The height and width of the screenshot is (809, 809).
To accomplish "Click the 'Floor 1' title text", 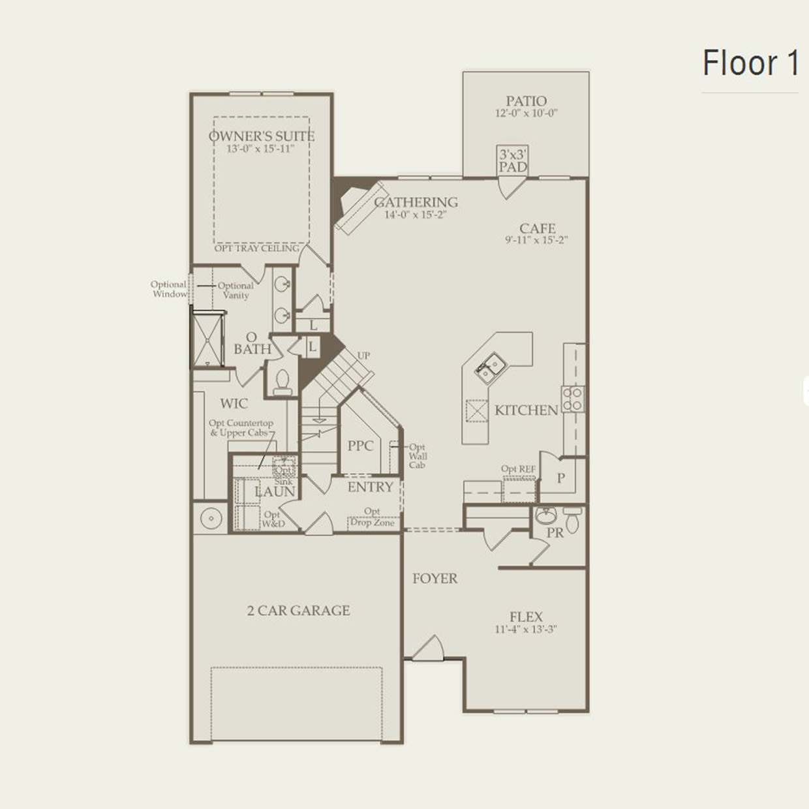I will point(750,63).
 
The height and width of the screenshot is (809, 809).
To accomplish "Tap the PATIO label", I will point(526,101).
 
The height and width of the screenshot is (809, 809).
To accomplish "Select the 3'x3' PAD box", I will point(513,160).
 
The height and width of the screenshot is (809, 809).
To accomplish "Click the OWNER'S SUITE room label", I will point(261,136).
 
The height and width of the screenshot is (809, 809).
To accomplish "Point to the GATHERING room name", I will point(416,202).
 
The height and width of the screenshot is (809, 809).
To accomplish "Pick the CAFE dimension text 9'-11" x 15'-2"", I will point(536,240).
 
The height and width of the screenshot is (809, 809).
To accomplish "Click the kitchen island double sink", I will point(489,367).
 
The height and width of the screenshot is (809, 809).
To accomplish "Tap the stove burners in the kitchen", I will point(573,399).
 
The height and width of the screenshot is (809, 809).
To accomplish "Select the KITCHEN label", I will point(526,410).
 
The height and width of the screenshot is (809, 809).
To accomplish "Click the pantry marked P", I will point(560,478).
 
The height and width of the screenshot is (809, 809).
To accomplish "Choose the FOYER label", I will point(435,579).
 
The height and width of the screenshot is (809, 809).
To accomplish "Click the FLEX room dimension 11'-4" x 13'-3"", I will point(526,630).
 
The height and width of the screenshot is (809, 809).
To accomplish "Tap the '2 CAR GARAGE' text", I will point(298,611).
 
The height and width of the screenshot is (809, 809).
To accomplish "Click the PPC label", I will point(360,446).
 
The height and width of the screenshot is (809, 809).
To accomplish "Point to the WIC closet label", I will point(234,404).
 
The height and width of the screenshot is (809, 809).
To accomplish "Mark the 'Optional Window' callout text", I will point(169,289).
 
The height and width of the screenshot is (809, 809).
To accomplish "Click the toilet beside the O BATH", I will point(282,382).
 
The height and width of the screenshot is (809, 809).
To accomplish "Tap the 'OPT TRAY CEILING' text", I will point(256,249).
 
